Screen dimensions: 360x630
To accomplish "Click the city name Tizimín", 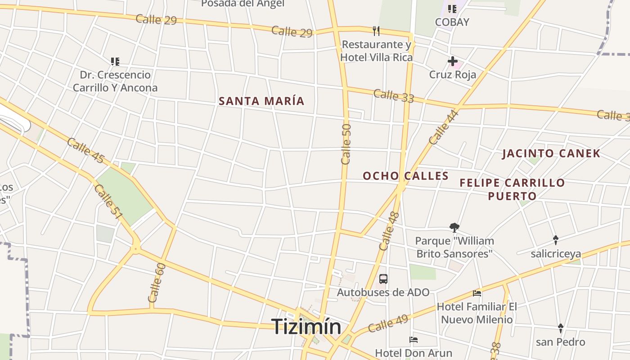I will click(306, 326).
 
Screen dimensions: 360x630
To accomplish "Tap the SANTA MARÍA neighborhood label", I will click(261, 101).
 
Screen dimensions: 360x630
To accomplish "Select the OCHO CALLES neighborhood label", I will click(405, 175).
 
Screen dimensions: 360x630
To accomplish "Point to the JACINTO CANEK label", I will click(551, 153).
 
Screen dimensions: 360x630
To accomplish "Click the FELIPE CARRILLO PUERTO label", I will click(512, 189).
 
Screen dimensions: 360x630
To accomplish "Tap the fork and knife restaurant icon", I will click(376, 31).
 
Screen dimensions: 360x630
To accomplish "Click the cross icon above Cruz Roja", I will click(453, 61).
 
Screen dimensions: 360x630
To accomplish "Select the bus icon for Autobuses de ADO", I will click(383, 279).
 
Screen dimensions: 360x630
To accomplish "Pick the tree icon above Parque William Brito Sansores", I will click(454, 228).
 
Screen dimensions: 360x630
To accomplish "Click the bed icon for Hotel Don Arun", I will click(414, 339).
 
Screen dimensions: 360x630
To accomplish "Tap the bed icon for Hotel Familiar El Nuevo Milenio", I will click(477, 293).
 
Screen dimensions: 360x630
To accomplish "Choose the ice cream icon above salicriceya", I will click(556, 240).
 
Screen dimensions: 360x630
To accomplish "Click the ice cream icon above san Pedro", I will click(560, 328).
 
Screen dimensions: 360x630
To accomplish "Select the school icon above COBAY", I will click(452, 9).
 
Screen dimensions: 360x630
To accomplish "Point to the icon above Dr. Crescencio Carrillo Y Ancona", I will click(115, 61).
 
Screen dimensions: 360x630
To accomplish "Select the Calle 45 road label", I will click(85, 151).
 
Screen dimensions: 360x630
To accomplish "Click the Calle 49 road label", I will click(387, 323).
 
